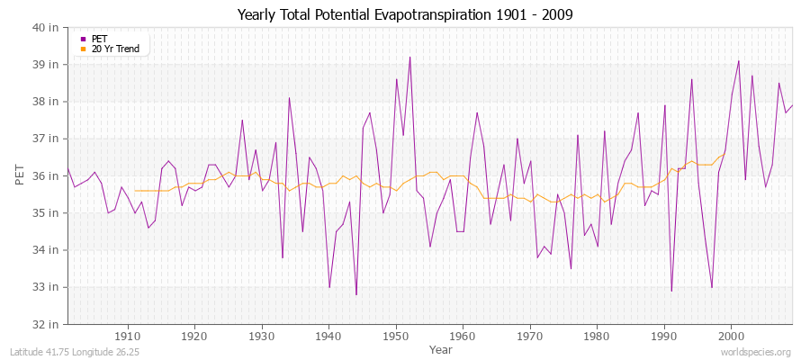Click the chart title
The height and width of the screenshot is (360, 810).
(x=405, y=14)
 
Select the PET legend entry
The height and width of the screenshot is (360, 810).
(x=99, y=39)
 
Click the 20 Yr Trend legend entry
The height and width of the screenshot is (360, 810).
(x=115, y=49)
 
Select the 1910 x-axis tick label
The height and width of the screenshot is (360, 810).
(x=128, y=336)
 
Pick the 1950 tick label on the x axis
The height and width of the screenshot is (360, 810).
(x=396, y=336)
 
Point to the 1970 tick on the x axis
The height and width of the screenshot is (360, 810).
(x=530, y=336)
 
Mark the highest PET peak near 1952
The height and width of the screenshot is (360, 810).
(x=409, y=58)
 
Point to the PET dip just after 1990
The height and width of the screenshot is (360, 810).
(x=671, y=291)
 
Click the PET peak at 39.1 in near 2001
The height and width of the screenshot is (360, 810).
(x=738, y=61)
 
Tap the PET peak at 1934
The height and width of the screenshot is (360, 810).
(x=289, y=98)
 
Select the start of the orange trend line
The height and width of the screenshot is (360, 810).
(x=135, y=191)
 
